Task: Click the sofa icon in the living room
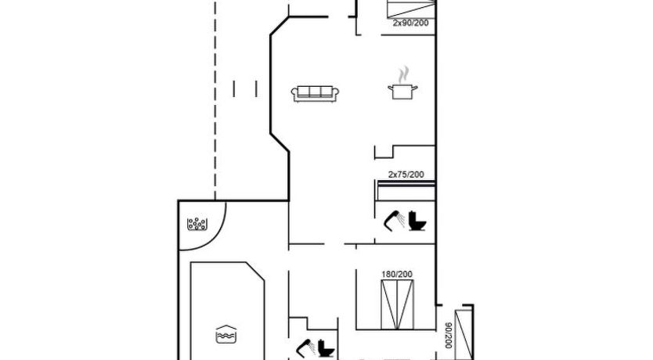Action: [x=315, y=94]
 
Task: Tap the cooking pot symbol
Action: [x=402, y=92]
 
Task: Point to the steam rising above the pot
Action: [x=402, y=75]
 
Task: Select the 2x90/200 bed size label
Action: [x=410, y=23]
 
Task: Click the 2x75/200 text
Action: [x=406, y=175]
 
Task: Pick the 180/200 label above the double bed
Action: [x=397, y=274]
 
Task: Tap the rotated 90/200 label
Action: [x=449, y=336]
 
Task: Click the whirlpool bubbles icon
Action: [x=197, y=224]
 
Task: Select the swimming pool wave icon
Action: [x=226, y=334]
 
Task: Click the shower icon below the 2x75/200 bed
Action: [x=394, y=220]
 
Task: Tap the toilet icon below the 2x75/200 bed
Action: [x=417, y=221]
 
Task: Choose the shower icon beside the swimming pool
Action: [x=305, y=348]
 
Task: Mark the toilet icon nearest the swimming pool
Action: [x=326, y=348]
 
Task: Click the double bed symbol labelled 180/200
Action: [x=397, y=304]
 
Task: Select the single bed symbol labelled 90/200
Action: [x=464, y=335]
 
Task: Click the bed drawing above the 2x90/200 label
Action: [x=411, y=9]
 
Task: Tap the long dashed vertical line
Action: [x=215, y=100]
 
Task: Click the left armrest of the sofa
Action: [x=294, y=95]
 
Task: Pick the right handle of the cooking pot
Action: [x=415, y=88]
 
